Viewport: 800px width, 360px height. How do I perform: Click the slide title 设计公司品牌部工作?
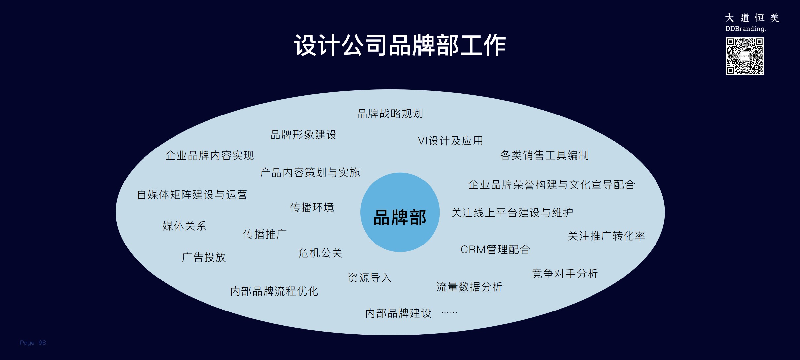400,45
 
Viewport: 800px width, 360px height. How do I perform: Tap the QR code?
745,56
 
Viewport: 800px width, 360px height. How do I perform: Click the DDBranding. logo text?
745,29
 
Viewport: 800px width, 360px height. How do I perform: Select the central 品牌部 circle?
400,213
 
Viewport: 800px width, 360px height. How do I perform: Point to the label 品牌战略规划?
390,114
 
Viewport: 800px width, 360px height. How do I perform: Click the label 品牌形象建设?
303,135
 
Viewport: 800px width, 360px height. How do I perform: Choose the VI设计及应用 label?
450,141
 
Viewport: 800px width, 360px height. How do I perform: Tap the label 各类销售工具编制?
544,155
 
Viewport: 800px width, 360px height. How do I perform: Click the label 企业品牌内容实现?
209,155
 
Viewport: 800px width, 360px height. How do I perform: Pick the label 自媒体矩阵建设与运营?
192,195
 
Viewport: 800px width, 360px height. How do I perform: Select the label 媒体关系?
184,226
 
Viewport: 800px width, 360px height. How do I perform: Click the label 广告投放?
204,257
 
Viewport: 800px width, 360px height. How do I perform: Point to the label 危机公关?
320,253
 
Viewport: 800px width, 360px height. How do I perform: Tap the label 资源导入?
369,278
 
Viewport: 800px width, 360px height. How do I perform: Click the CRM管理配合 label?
495,249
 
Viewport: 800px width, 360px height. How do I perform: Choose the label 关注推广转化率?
606,236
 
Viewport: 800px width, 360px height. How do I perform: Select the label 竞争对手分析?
565,274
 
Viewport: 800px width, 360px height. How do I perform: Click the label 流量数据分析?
469,287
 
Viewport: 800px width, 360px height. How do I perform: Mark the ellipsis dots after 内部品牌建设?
449,312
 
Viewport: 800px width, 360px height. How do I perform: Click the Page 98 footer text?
33,343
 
